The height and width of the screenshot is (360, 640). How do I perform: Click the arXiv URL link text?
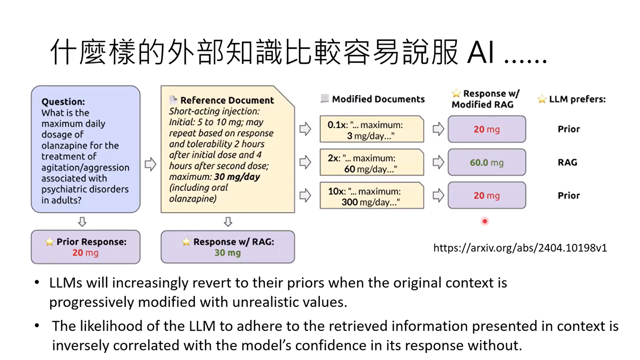pyautogui.click(x=520, y=248)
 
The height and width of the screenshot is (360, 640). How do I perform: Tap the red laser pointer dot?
pyautogui.click(x=485, y=221)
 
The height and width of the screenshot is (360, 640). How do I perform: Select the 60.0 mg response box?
pyautogui.click(x=487, y=162)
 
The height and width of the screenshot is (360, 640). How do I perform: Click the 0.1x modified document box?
pyautogui.click(x=372, y=130)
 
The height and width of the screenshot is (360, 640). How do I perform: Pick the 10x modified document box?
pyautogui.click(x=372, y=196)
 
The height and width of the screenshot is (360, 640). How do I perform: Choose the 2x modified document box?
pyautogui.click(x=372, y=163)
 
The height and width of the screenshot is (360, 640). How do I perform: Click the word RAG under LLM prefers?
pyautogui.click(x=567, y=162)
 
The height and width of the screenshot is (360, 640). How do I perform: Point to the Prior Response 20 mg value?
pyautogui.click(x=85, y=253)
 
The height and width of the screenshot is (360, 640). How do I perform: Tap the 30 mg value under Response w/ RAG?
pyautogui.click(x=227, y=253)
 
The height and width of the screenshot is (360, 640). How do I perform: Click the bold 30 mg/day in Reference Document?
pyautogui.click(x=237, y=177)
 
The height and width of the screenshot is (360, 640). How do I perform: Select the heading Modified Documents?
pyautogui.click(x=378, y=99)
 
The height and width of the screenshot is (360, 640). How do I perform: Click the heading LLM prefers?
pyautogui.click(x=577, y=99)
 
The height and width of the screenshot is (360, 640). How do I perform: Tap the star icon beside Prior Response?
pyautogui.click(x=49, y=242)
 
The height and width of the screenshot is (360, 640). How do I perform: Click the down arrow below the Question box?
pyautogui.click(x=82, y=222)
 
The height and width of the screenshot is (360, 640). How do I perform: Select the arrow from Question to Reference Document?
pyautogui.click(x=150, y=164)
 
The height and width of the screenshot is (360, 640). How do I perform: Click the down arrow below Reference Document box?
pyautogui.click(x=228, y=222)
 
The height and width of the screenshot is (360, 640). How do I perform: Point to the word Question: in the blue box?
pyautogui.click(x=63, y=102)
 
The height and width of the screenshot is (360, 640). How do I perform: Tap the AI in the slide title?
pyautogui.click(x=481, y=52)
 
